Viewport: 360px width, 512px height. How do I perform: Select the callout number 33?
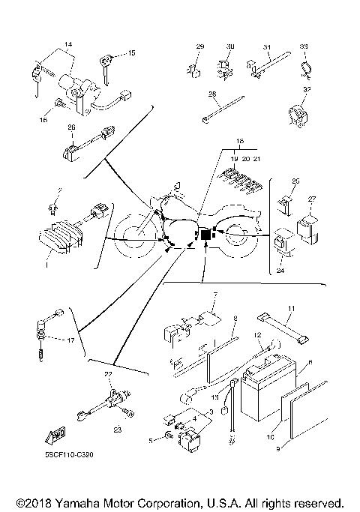304,47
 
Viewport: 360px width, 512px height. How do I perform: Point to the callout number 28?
212,94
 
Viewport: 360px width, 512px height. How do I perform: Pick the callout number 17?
72,340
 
